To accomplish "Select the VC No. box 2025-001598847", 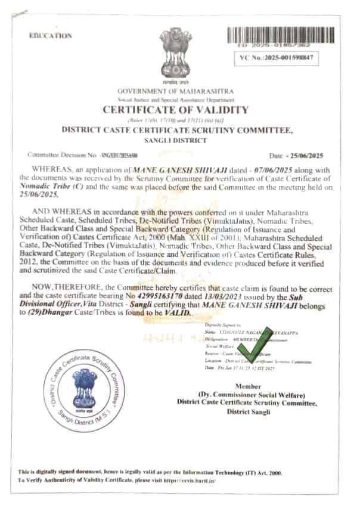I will (277, 58).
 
